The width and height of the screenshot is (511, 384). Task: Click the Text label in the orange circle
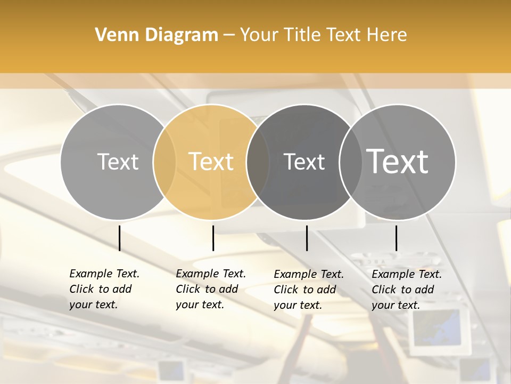(x=211, y=162)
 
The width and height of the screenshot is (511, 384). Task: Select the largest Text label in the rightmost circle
(x=398, y=162)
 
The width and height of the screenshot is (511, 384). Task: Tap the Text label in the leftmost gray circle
(x=118, y=162)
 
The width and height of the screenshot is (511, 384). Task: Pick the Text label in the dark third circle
(x=304, y=162)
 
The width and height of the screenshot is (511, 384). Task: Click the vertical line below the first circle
(x=119, y=238)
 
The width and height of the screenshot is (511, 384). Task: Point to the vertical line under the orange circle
(x=213, y=238)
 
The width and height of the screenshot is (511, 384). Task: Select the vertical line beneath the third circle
(x=307, y=238)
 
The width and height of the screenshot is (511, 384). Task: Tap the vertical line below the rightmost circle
(x=396, y=238)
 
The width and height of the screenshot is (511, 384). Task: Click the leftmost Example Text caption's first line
(x=104, y=274)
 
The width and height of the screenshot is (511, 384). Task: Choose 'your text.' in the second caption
(x=200, y=305)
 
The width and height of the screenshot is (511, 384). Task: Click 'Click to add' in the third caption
(x=305, y=290)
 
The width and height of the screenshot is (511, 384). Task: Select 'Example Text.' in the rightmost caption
(x=407, y=274)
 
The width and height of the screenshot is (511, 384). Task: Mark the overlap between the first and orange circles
(x=164, y=162)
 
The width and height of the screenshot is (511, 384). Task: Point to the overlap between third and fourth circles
(x=351, y=162)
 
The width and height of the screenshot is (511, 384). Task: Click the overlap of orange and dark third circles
(x=258, y=162)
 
